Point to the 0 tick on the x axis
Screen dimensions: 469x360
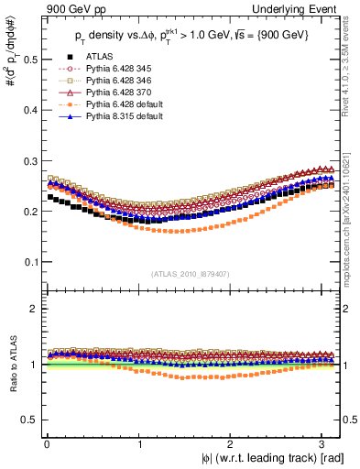46,443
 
